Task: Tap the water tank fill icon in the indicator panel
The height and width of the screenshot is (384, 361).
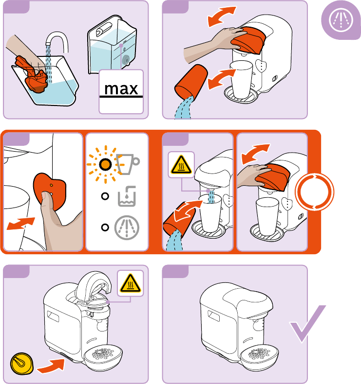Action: point(128,196)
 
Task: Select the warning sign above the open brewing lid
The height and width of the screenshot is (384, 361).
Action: point(131,282)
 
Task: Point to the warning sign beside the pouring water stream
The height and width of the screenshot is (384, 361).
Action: point(181,165)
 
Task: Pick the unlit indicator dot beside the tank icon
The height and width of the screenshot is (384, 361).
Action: point(104,196)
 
